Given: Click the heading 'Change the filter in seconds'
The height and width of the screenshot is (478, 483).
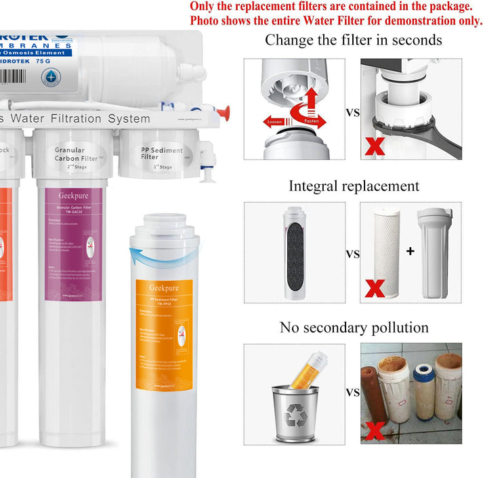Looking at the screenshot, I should tap(353, 40).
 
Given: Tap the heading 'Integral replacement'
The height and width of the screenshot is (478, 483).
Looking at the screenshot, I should tap(354, 186).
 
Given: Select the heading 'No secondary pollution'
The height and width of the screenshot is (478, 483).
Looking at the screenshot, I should tap(354, 328).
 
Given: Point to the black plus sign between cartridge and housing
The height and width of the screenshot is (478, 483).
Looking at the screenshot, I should tap(409, 251).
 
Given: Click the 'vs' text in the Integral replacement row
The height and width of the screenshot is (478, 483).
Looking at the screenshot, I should tap(353, 253).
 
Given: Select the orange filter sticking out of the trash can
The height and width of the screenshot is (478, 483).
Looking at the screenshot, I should tap(308, 369).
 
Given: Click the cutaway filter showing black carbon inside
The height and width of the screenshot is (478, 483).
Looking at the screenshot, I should tap(295, 252).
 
